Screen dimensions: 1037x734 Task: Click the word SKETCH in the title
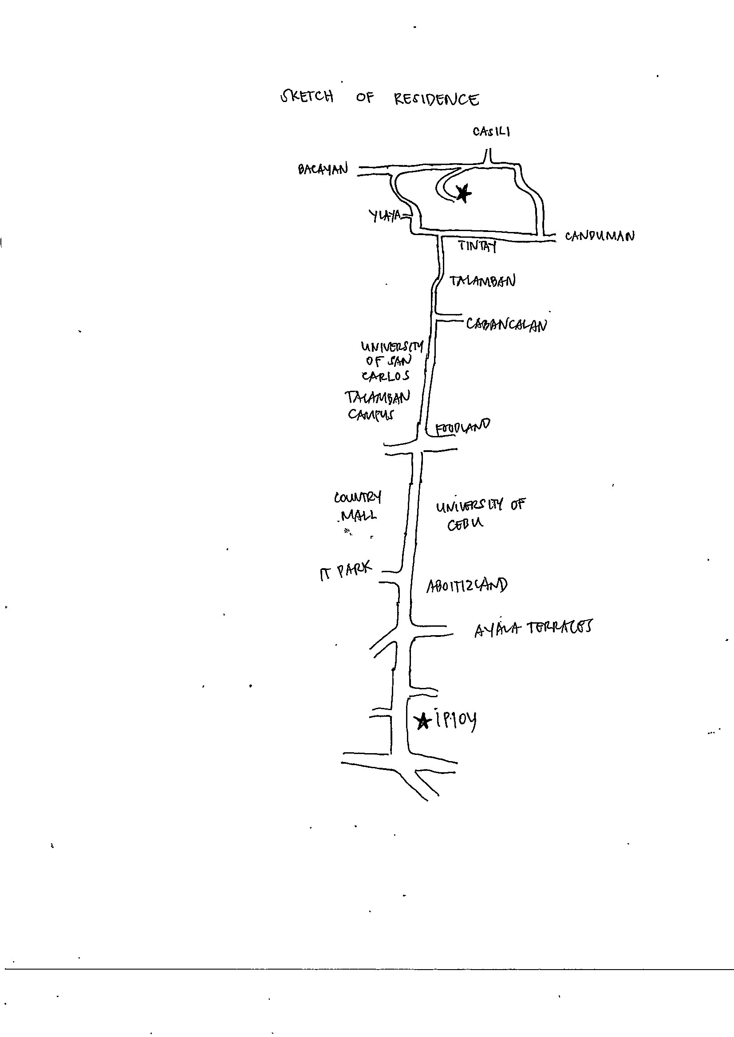[x=307, y=97]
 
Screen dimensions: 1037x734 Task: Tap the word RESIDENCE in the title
[x=436, y=99]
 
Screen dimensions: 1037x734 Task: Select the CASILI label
[x=491, y=131]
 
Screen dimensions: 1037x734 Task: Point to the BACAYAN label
[x=323, y=169]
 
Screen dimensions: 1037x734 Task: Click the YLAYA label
[x=385, y=216]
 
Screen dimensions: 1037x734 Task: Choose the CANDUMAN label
[x=599, y=236]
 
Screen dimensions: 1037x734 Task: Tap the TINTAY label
[x=477, y=246]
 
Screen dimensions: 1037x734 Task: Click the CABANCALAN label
[x=506, y=324]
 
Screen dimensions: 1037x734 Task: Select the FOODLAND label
[x=462, y=426]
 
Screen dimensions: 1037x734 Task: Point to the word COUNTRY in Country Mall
[x=358, y=497]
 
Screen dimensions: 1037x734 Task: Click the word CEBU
[x=465, y=524]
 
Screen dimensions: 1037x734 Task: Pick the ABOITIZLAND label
[x=467, y=586]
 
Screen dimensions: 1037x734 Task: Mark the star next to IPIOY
[x=422, y=721]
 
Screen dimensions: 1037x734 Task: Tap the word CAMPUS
[x=371, y=414]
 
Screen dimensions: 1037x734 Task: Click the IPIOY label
[x=456, y=720]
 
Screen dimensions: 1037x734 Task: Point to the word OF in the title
[x=365, y=97]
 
